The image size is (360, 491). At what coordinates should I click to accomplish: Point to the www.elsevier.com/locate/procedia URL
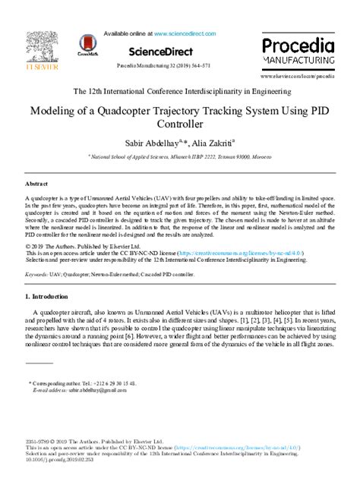[297, 77]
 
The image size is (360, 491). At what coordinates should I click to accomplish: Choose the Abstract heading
[37, 184]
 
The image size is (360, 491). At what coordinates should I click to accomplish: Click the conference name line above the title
[180, 91]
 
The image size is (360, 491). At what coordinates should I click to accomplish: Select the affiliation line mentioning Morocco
[180, 155]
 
